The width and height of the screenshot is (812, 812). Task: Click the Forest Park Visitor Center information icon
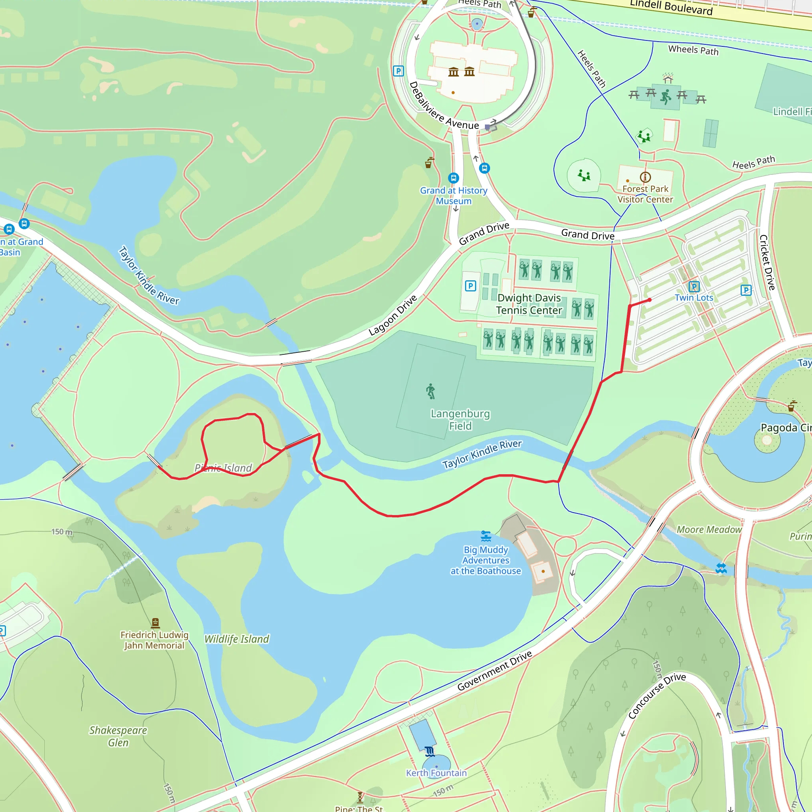645,177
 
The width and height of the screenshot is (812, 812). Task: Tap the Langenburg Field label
460,419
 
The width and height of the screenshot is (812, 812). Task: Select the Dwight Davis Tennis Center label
529,304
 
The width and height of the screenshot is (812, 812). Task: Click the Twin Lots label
694,298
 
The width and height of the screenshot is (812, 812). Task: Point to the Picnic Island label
223,468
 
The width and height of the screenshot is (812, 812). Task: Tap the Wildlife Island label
237,639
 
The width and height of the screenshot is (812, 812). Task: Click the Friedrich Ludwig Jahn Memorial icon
155,622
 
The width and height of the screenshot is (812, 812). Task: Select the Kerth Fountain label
436,773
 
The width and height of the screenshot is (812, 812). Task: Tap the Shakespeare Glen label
118,736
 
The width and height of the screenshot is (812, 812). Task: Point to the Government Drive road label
495,670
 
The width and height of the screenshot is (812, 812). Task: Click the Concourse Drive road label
657,695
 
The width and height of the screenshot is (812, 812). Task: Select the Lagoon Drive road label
393,315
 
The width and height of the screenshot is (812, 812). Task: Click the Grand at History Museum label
454,195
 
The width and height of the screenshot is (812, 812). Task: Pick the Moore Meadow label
709,530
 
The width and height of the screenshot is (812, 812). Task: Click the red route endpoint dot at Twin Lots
649,300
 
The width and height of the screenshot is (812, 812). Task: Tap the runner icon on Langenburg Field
430,391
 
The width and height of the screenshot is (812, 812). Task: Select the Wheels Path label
693,50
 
